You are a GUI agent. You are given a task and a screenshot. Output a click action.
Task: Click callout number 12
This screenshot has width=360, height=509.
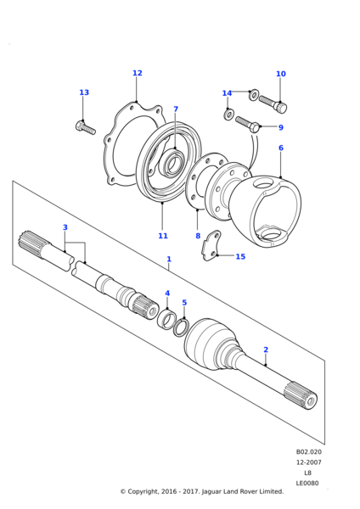138,73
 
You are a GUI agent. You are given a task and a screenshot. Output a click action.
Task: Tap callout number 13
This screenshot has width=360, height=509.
84,92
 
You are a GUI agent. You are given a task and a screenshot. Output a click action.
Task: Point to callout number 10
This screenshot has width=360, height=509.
281,74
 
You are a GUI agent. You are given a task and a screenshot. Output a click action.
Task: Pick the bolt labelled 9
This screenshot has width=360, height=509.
248,125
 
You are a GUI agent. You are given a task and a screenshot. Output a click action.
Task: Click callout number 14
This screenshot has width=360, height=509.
227,93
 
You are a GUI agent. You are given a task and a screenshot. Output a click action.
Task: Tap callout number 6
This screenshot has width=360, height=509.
281,148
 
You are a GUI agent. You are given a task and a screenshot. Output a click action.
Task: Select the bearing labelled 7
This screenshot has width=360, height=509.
174,162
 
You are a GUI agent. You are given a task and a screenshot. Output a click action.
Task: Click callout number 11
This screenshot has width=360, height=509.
163,236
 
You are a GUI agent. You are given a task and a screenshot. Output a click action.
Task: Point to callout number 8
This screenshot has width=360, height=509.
198,236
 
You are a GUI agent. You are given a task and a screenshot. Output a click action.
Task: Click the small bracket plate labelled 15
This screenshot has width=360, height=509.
211,245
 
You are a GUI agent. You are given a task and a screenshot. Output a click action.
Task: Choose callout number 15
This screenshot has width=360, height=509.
240,257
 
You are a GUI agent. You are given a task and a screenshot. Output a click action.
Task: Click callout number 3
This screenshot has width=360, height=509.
65,227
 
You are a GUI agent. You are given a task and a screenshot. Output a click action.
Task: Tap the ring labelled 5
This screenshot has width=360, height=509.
181,327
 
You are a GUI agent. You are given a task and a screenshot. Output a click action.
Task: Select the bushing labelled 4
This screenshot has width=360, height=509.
166,319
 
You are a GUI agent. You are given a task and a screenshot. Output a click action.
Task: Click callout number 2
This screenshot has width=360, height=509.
266,350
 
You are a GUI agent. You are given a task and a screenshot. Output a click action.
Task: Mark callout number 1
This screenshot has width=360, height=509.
169,260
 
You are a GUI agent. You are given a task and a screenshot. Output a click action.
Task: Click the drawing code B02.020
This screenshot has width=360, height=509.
309,452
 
